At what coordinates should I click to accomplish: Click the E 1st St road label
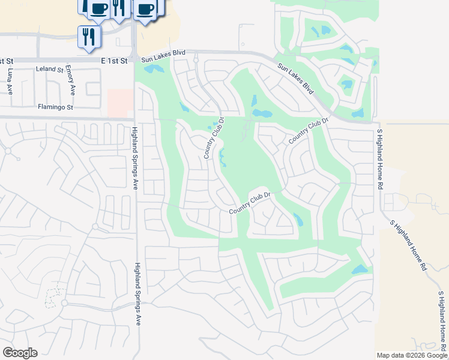(x=115, y=61)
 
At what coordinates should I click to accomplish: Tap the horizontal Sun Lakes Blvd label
(x=163, y=61)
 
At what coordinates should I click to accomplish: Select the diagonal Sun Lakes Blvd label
(x=296, y=79)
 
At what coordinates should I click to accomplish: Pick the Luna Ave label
(x=10, y=81)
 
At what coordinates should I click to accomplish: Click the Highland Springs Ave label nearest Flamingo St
(x=135, y=158)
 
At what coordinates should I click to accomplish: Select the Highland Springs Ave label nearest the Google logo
(x=137, y=294)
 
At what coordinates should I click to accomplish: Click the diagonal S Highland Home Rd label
(x=408, y=244)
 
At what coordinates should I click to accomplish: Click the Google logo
(x=20, y=353)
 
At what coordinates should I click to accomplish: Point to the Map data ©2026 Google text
(x=412, y=355)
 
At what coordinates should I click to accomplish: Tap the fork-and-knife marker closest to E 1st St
(x=89, y=37)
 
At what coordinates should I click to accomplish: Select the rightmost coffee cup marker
(x=146, y=9)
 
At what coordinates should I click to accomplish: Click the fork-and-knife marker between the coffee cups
(x=118, y=7)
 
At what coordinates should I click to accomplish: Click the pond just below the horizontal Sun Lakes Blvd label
(x=154, y=69)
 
